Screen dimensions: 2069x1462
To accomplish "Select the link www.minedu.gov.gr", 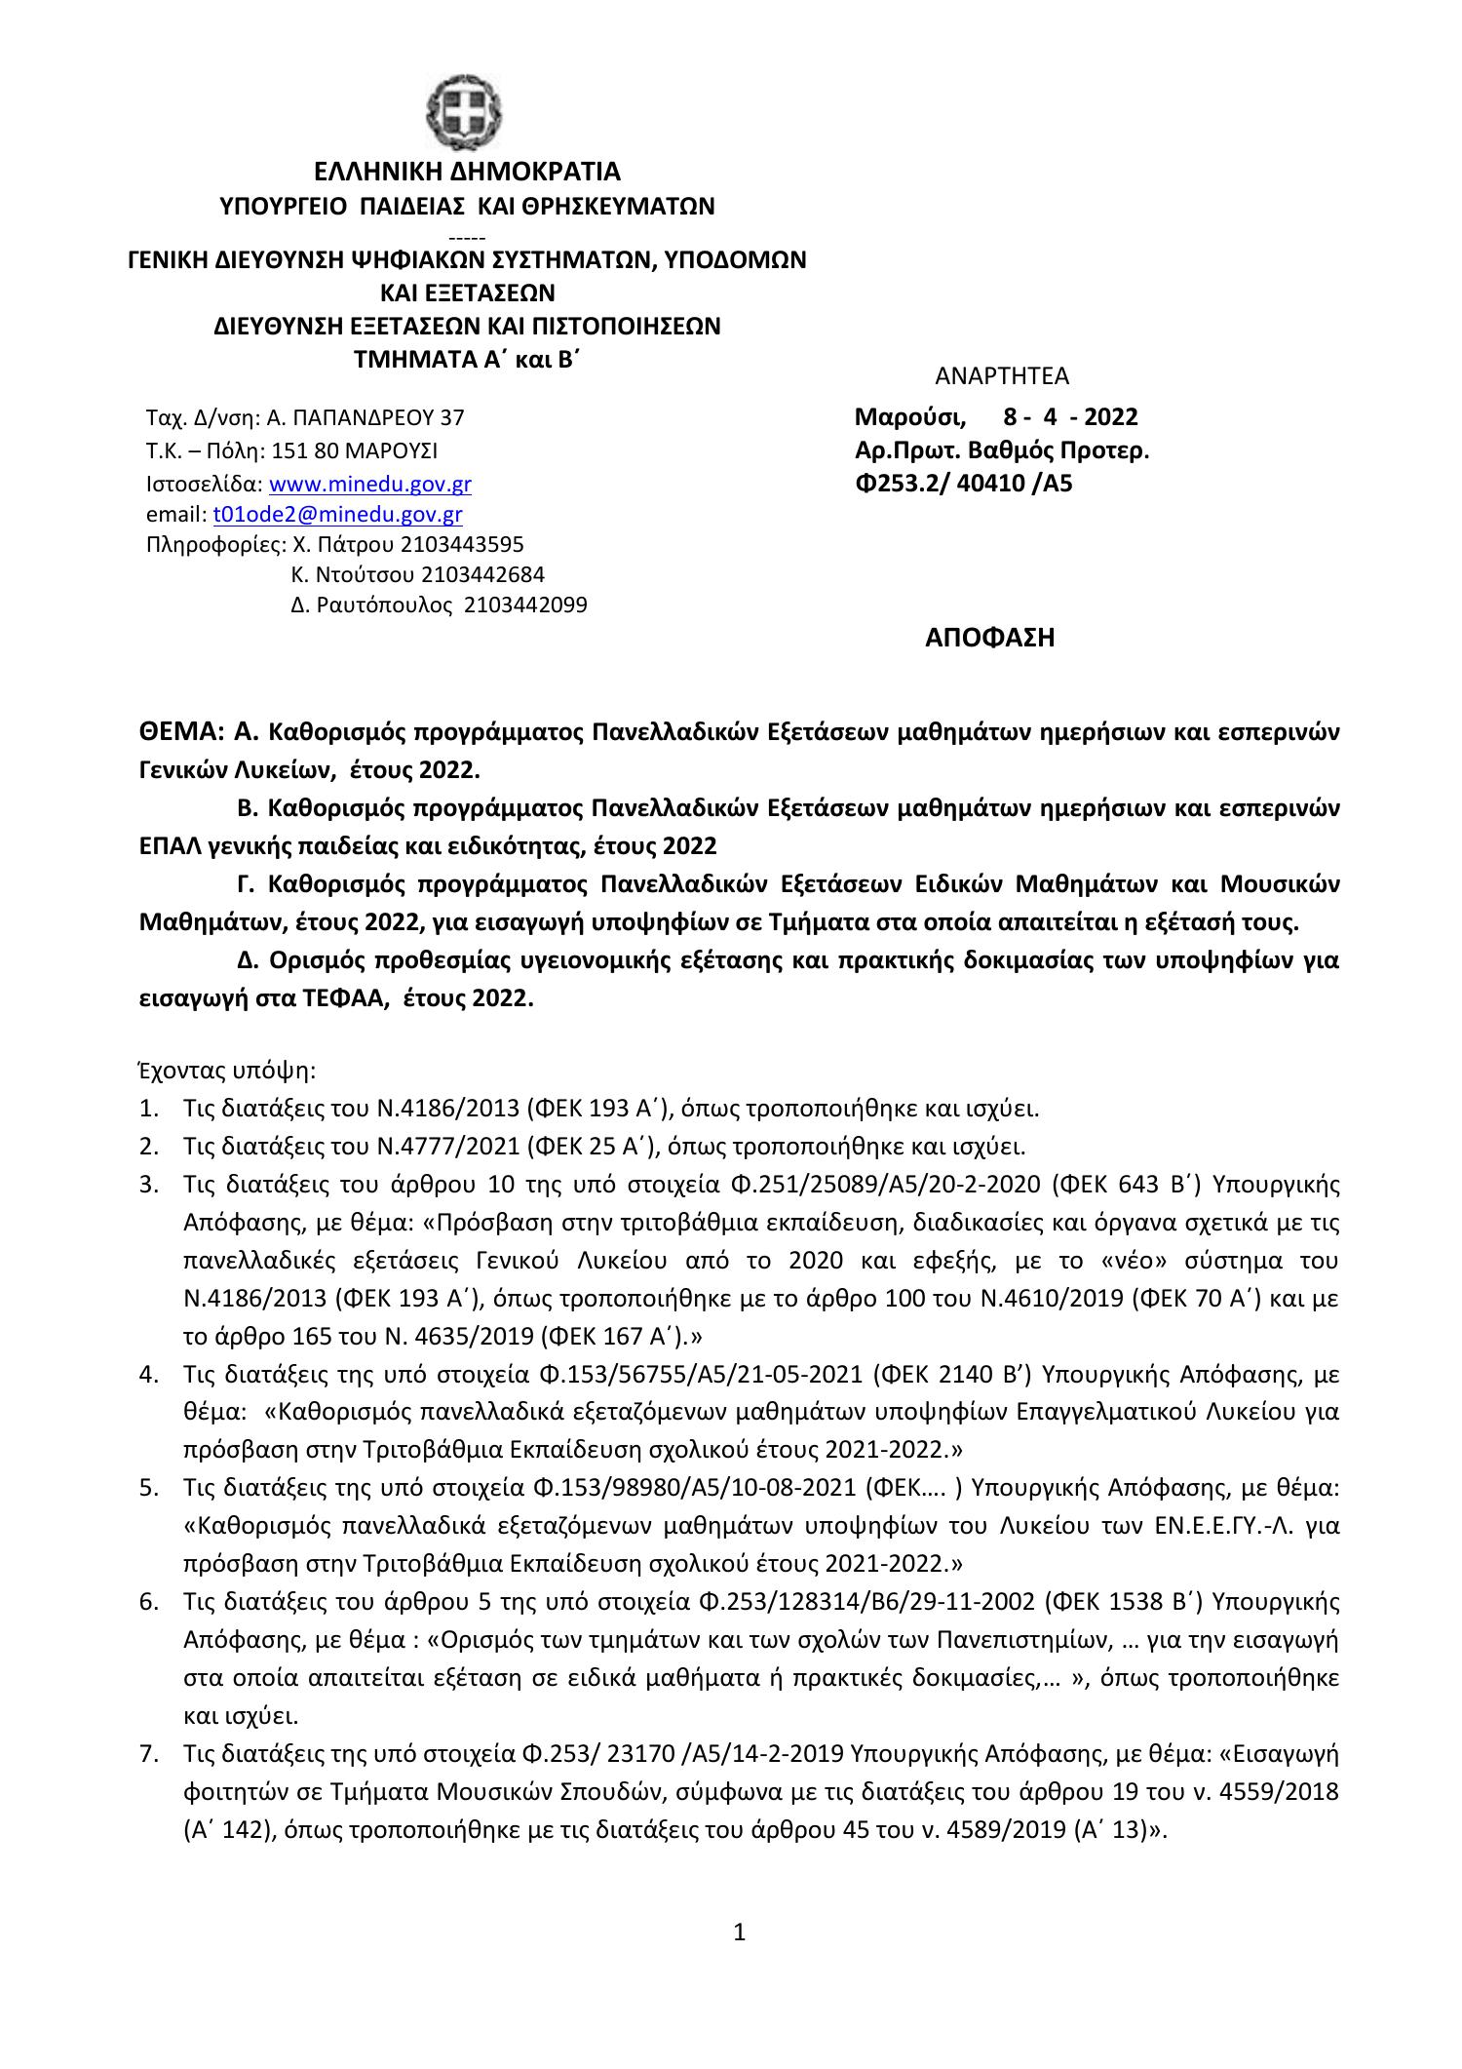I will pyautogui.click(x=369, y=484).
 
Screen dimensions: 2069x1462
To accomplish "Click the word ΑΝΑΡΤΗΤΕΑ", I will pyautogui.click(x=1001, y=376).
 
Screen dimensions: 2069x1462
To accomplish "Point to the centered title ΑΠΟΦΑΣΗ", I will pyautogui.click(x=989, y=639).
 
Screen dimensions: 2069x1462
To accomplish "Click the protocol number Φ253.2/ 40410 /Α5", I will pyautogui.click(x=963, y=483).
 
